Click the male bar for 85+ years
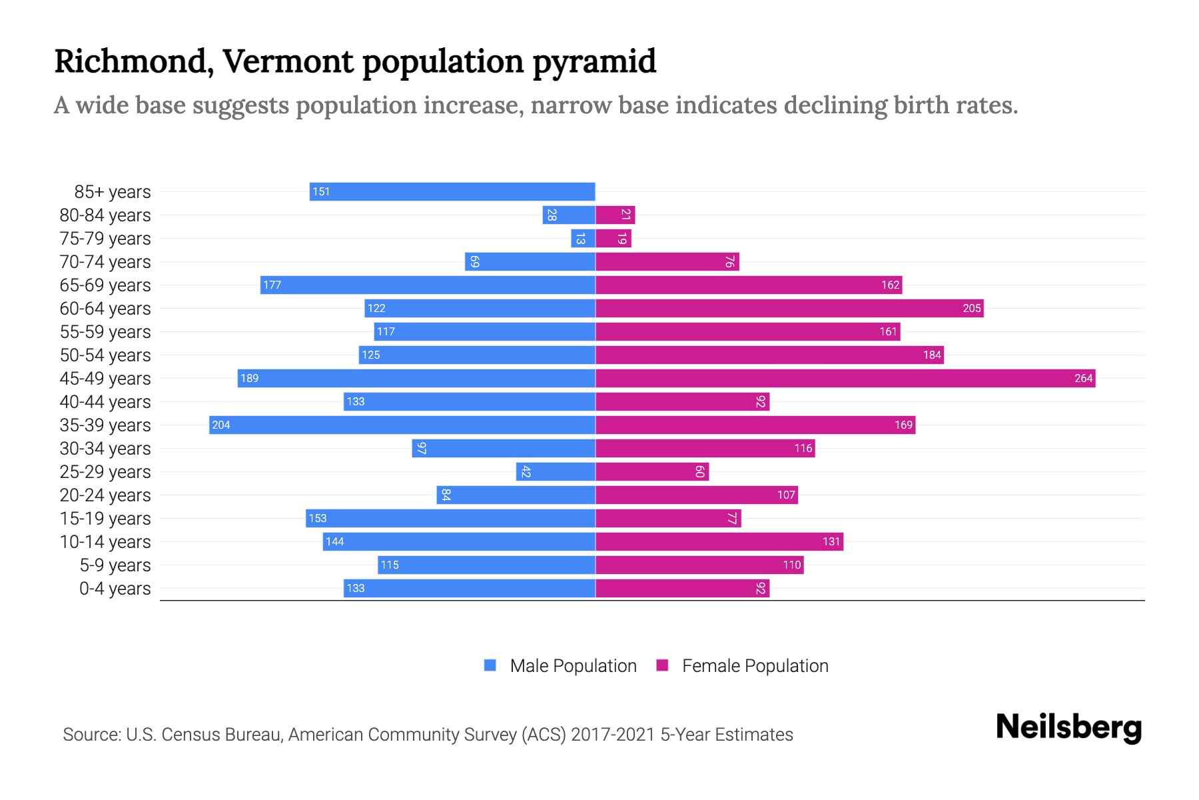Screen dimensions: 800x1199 click(452, 191)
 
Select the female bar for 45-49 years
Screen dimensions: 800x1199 click(845, 378)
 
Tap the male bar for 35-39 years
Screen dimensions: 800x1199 click(402, 425)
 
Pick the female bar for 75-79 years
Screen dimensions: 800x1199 click(613, 238)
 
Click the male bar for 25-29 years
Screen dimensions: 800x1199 click(555, 471)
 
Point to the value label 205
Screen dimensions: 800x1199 click(971, 308)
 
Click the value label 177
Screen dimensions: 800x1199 click(272, 285)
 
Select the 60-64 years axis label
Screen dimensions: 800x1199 click(105, 309)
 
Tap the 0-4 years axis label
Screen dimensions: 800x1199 click(115, 589)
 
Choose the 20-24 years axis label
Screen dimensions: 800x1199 click(105, 495)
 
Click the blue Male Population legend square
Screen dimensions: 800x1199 click(490, 665)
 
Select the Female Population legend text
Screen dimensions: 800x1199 click(755, 665)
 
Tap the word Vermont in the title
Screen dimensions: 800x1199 click(288, 61)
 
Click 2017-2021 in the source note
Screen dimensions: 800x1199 click(613, 734)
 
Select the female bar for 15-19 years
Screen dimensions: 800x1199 click(668, 518)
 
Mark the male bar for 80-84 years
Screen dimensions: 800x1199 click(568, 215)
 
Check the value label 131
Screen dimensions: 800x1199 click(831, 541)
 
